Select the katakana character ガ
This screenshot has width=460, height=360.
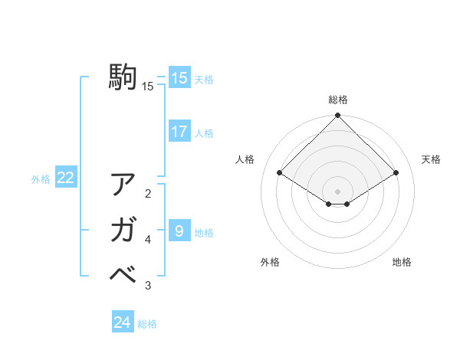123,230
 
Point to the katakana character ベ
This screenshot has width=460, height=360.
123,274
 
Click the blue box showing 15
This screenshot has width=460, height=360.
179,77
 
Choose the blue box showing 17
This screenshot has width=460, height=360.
179,132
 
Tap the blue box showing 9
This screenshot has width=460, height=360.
179,231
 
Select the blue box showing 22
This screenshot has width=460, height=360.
66,178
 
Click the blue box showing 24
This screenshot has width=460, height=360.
123,322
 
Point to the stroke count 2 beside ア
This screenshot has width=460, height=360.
148,193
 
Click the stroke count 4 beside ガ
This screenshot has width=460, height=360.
148,240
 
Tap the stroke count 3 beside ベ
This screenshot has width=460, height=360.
148,286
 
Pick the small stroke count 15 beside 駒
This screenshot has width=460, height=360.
148,87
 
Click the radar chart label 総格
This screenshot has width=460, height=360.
337,100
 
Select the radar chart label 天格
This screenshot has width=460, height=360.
431,159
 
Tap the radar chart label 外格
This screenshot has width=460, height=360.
270,262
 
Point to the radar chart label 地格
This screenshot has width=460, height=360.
402,262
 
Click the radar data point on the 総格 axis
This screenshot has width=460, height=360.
337,116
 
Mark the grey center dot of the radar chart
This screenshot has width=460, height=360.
337,191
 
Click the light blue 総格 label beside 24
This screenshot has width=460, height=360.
147,324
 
